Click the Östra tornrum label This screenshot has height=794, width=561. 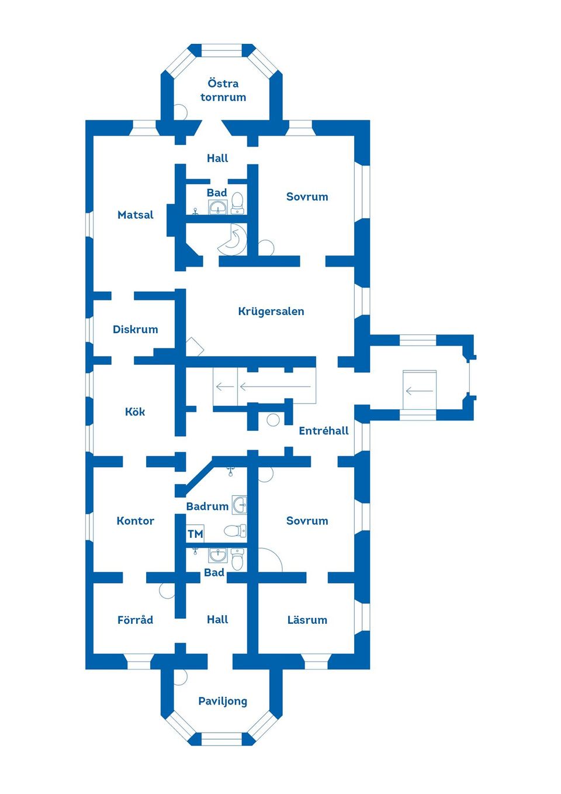pos(223,91)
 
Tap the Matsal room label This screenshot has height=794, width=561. pos(136,215)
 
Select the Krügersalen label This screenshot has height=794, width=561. pos(271,311)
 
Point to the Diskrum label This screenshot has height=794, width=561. pos(136,329)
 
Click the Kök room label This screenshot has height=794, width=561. pos(135,412)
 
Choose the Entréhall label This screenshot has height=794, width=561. pos(324,431)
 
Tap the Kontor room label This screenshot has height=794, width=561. pos(136,521)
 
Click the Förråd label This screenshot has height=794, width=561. pos(136,620)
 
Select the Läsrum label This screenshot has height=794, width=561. pos(307,620)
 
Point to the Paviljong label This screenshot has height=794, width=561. pos(223,702)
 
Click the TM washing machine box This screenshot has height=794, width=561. pos(195,534)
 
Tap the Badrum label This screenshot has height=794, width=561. pos(207,506)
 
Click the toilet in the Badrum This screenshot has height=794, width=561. pos(235,531)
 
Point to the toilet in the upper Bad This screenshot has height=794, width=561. pos(237,203)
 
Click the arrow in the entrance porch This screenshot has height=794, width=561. pos(420,391)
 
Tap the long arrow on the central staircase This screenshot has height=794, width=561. pos(275,386)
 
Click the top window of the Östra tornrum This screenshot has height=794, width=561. pos(221,50)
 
